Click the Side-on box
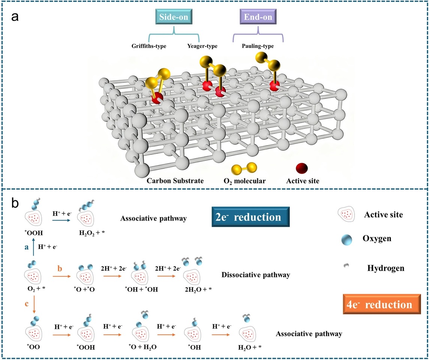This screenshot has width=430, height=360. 174,17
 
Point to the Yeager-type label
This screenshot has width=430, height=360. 202,46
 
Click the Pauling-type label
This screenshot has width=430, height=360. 258,46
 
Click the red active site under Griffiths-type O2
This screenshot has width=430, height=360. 158,98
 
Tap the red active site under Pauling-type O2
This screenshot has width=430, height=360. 274,87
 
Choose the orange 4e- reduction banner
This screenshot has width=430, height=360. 377,304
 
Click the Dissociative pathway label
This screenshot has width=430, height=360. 256,275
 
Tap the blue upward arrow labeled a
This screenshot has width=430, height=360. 34,248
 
